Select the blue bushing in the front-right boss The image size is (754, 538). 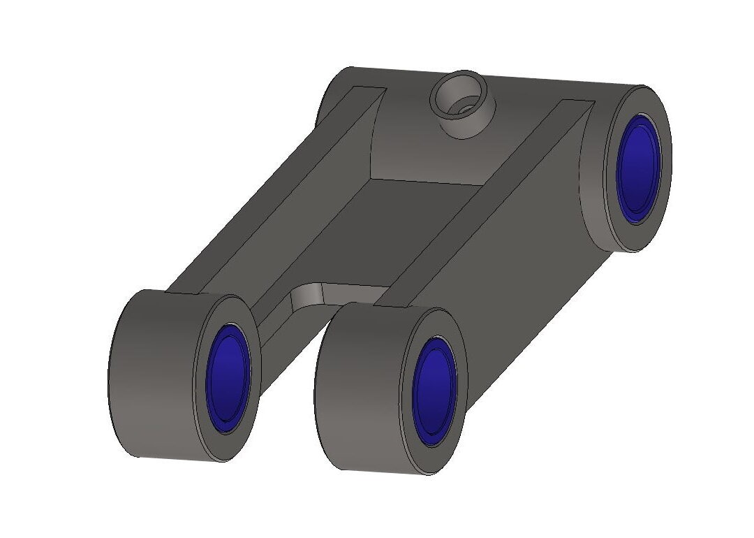pyautogui.click(x=434, y=395)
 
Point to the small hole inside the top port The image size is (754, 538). pyautogui.click(x=464, y=108)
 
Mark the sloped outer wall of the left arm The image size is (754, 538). pyautogui.click(x=230, y=224)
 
